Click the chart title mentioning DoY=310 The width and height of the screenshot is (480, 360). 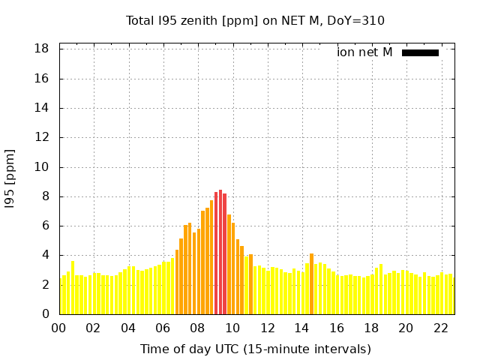255,21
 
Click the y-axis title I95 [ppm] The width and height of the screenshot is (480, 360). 10,178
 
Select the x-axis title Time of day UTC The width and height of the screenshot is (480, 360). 255,349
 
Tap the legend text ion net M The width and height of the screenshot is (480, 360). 364,52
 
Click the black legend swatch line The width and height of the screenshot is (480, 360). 420,52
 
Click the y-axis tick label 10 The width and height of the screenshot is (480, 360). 42,167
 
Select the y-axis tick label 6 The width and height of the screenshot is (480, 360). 45,226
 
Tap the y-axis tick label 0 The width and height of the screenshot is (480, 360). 45,314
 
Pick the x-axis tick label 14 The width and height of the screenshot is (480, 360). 301,328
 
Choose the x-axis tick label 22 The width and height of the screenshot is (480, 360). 440,328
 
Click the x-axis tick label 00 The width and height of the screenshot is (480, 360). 59,328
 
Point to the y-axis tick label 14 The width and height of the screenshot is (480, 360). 42,108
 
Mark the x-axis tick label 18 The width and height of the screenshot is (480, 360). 371,328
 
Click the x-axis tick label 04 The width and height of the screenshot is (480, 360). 128,328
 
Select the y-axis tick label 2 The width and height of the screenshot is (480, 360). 45,285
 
